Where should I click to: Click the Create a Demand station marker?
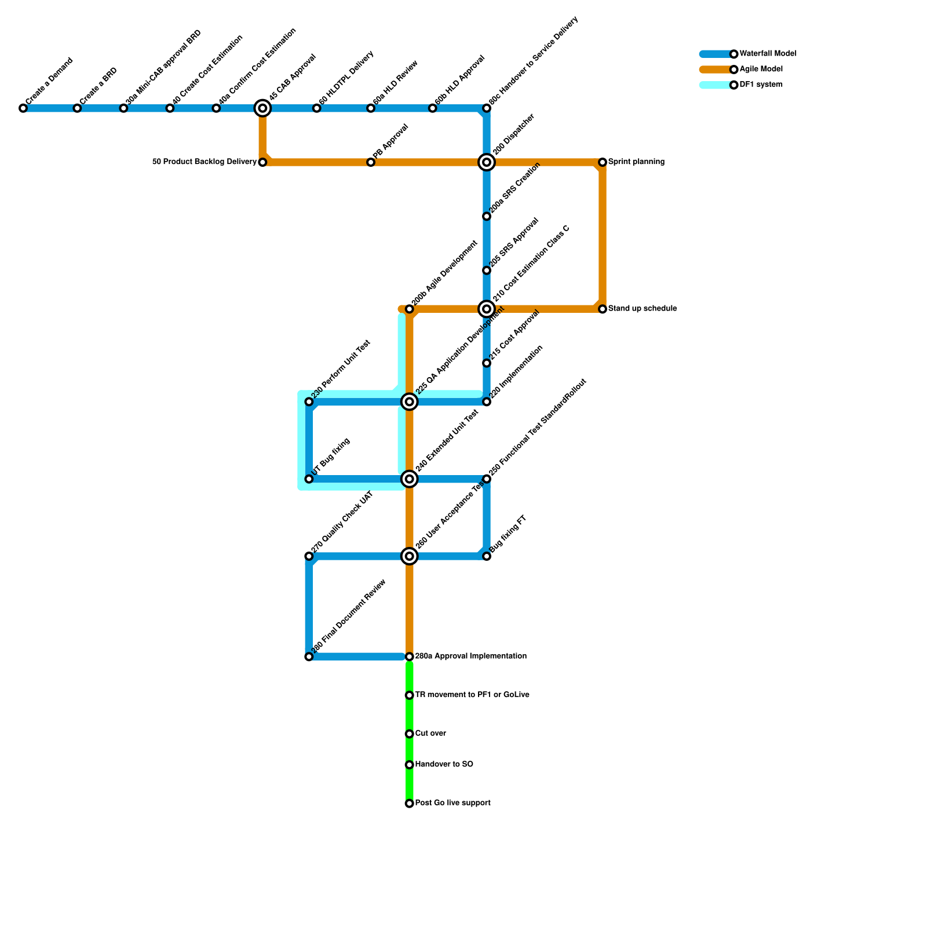coord(23,108)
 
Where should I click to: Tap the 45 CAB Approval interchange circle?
coord(262,108)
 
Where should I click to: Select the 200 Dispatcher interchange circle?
coord(487,162)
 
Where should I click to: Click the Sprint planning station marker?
coord(603,162)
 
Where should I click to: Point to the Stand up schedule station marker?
coord(603,309)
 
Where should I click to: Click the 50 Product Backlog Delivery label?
coord(204,162)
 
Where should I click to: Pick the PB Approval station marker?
coord(371,162)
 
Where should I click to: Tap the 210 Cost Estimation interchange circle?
coord(487,309)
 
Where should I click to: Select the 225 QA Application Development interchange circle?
coord(410,402)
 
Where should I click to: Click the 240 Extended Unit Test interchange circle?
coord(410,479)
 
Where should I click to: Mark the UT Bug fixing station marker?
coord(309,479)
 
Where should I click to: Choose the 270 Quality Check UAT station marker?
coord(309,556)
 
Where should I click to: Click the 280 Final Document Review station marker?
coord(309,656)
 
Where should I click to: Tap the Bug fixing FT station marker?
coord(487,556)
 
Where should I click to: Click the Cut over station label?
coord(430,733)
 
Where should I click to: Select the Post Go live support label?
coord(452,803)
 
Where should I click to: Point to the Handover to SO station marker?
coord(410,765)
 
